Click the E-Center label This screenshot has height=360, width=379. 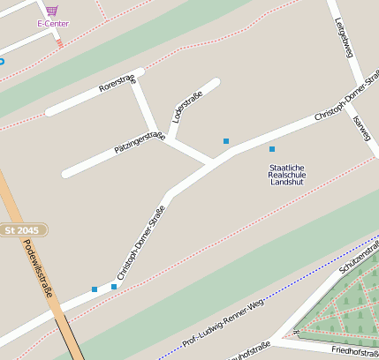[53, 23]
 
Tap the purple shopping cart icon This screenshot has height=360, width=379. [52, 11]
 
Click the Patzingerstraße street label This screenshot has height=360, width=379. [140, 142]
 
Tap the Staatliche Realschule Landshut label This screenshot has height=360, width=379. [286, 174]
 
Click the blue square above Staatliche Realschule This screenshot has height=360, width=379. [272, 149]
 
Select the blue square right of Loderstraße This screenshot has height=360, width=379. [226, 141]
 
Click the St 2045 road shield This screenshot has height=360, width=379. [22, 230]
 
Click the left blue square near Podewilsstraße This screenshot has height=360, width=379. [95, 289]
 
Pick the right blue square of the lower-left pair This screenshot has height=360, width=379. [114, 286]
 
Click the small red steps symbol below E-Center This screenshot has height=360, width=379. [59, 41]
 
